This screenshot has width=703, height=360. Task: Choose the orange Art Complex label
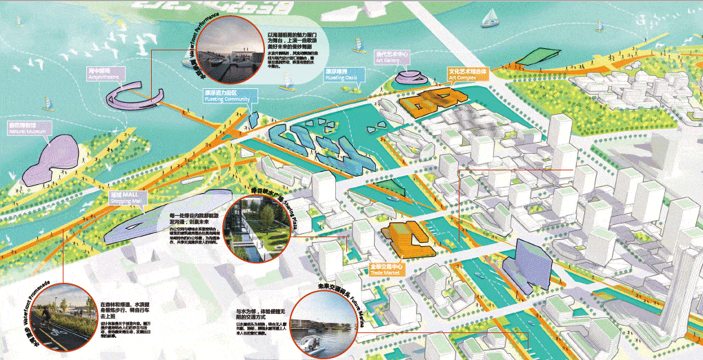tap(468, 74)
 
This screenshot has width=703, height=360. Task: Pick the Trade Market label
tap(387, 268)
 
